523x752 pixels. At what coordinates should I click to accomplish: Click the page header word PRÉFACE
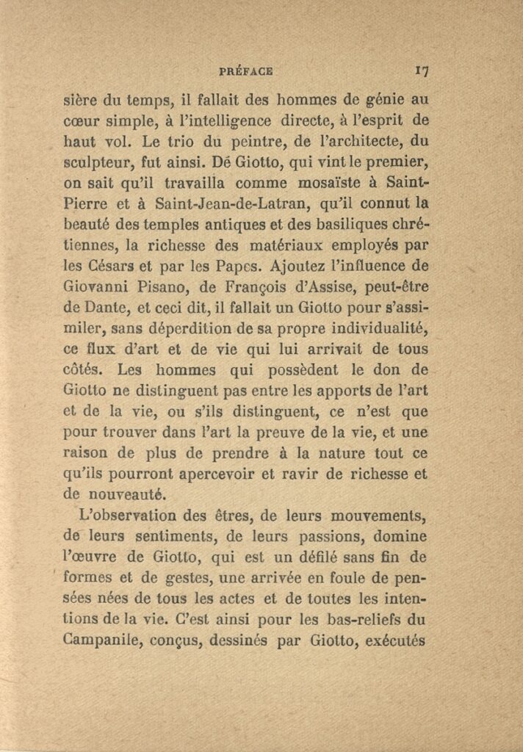click(246, 72)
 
